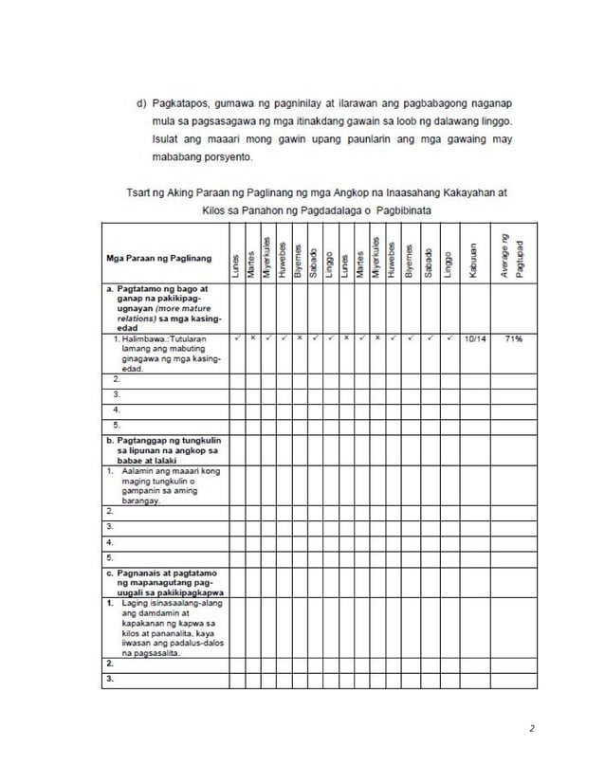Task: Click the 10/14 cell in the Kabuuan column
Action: [x=475, y=337]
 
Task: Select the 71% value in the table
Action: [x=514, y=337]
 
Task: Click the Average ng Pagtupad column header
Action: [x=513, y=251]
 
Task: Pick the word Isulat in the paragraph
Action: [x=167, y=139]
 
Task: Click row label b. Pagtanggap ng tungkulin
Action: [x=157, y=442]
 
